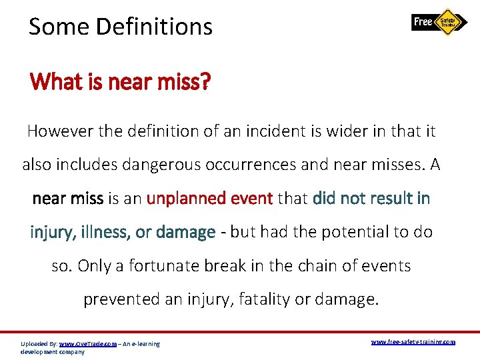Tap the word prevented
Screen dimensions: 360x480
point(121,299)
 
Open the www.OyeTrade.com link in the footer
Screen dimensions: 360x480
point(87,344)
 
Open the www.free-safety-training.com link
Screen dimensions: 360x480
point(413,342)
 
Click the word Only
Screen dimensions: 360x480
point(93,265)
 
